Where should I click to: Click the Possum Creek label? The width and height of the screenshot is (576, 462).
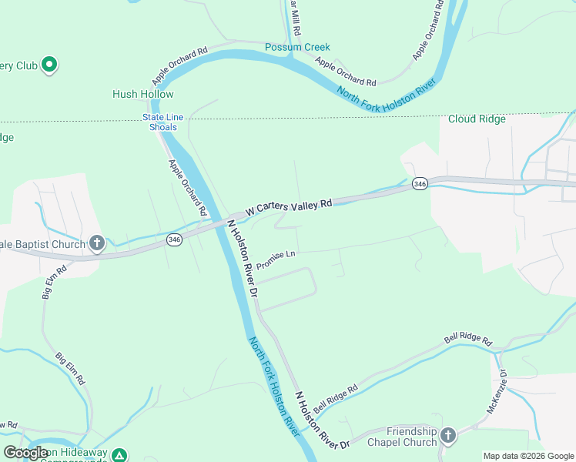(x=297, y=47)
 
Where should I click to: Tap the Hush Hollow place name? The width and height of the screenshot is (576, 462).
(x=143, y=94)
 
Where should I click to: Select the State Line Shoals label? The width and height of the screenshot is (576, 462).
(x=162, y=122)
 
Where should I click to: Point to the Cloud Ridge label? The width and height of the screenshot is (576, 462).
(x=477, y=119)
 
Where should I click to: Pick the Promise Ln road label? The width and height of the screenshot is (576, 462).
(x=276, y=259)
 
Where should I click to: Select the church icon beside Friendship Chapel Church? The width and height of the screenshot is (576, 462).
(x=448, y=436)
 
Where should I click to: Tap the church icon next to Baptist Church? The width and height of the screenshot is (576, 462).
(x=97, y=244)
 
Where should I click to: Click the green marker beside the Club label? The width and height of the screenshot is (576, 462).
(x=49, y=65)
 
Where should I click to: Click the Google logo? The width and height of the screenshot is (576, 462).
(x=25, y=453)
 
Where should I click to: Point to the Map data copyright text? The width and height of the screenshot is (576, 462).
(x=527, y=456)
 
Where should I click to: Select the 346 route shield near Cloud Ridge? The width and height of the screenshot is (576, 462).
(x=419, y=184)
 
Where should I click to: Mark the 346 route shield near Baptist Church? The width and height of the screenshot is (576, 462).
(x=174, y=240)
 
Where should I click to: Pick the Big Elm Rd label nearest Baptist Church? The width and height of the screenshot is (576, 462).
(x=53, y=282)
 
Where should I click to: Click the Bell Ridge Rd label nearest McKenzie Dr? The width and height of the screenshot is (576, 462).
(x=468, y=339)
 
